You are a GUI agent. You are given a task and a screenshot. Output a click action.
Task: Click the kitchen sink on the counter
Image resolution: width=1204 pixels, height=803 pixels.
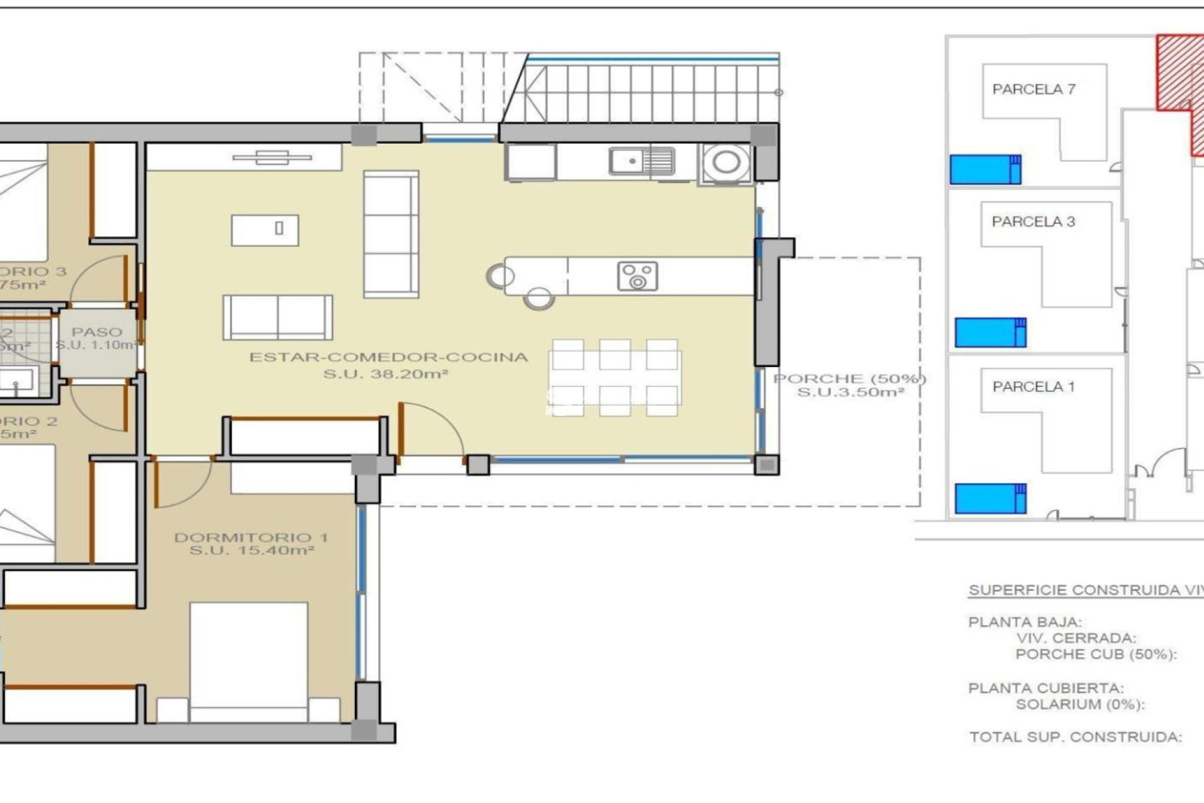pos(642,161)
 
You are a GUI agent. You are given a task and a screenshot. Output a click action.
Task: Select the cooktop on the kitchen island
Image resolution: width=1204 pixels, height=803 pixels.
pos(637,276)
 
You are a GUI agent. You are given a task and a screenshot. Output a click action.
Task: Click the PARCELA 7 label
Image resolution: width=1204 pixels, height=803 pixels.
pos(1033,90)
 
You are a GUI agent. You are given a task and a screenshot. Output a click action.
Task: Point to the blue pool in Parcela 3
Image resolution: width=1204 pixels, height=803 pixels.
pos(990,332)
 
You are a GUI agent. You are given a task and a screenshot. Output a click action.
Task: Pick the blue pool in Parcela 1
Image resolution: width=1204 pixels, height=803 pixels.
pos(990,499)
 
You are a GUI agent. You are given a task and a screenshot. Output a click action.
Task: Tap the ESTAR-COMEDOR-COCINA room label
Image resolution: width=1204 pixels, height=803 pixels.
pos(389,358)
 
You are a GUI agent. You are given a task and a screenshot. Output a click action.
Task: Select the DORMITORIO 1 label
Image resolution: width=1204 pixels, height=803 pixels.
pos(251,538)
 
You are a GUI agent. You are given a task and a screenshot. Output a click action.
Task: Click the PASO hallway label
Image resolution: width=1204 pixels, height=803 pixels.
pos(97,332)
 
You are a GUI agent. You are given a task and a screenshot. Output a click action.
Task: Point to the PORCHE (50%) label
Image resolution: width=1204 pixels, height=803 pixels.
pos(850,379)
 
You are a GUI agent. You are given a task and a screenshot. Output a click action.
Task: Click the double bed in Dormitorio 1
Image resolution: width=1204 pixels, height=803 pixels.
pos(248,659)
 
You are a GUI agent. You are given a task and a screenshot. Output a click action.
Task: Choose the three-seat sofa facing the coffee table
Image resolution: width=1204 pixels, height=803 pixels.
pos(391,233)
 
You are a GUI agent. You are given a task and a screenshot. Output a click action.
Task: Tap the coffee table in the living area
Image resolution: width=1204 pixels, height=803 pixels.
pos(265,230)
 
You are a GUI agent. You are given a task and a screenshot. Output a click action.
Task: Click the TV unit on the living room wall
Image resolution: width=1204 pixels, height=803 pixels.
pos(272,157)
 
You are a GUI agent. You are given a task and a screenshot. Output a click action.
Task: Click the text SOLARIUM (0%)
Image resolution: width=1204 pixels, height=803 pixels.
pos(1080,705)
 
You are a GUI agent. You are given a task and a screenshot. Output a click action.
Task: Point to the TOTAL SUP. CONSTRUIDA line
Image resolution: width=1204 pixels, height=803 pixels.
pos(1075,737)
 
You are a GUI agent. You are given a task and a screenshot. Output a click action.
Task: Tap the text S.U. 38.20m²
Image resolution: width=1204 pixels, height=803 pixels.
pos(385,375)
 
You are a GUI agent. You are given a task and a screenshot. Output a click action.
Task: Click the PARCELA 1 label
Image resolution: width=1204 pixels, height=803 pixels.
pos(1033,387)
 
